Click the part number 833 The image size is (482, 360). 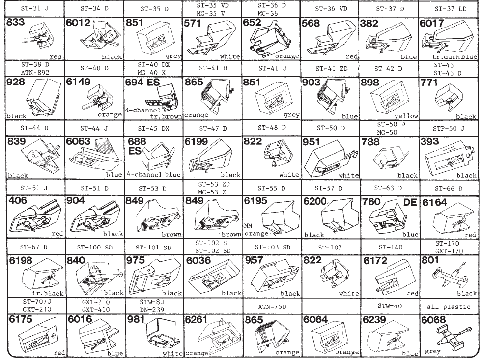pyautogui.click(x=15, y=22)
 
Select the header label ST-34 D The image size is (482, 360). pyautogui.click(x=94, y=9)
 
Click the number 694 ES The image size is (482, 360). pyautogui.click(x=142, y=82)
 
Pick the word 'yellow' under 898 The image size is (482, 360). pyautogui.click(x=406, y=116)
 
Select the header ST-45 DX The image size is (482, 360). pyautogui.click(x=153, y=128)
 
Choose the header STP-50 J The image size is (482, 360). pyautogui.click(x=449, y=128)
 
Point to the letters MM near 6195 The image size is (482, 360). pyautogui.click(x=248, y=226)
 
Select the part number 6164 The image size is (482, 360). pyautogui.click(x=434, y=203)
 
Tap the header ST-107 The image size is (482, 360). pyautogui.click(x=330, y=247)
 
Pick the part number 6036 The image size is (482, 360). pyautogui.click(x=198, y=261)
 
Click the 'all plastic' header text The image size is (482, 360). pyautogui.click(x=449, y=306)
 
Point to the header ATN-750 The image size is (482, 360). pyautogui.click(x=272, y=306)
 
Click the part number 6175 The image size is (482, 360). pyautogui.click(x=20, y=319)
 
